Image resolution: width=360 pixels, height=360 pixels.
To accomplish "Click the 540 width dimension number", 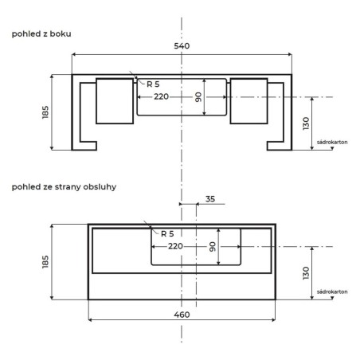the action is click(182, 46).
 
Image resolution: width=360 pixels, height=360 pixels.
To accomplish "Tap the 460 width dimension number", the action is click(182, 315).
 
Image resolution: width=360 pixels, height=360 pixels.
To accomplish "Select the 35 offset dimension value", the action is click(210, 199).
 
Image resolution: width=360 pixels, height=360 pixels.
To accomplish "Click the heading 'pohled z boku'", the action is click(41, 34).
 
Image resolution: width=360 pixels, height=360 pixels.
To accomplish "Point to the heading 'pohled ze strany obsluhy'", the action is click(64, 187).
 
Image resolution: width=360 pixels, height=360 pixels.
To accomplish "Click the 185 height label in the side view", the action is click(45, 112).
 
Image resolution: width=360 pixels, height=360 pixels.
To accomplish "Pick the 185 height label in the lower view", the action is click(45, 262).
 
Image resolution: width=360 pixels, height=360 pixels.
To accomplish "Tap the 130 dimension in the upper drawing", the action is click(306, 123).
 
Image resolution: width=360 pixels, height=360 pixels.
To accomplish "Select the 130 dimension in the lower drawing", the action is click(306, 273).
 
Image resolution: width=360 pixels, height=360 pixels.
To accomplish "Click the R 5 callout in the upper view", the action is click(153, 84).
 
